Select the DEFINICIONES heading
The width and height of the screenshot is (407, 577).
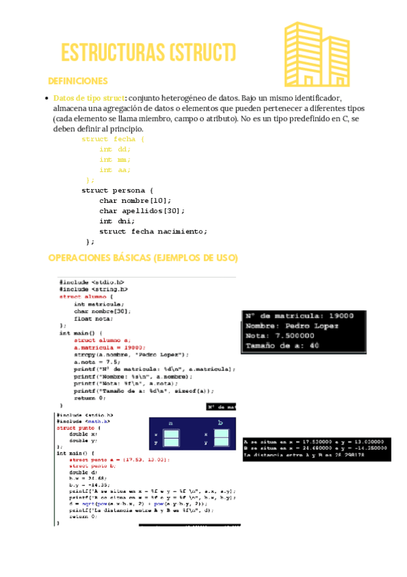(x=77, y=81)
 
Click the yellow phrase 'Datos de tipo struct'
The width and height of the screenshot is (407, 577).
(x=89, y=98)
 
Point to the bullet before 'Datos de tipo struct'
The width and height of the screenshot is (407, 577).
(x=46, y=98)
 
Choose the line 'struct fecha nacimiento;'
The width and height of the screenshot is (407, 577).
(x=153, y=231)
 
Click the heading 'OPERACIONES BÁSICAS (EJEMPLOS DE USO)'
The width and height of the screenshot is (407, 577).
(x=143, y=258)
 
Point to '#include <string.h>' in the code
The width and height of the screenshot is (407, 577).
(x=93, y=289)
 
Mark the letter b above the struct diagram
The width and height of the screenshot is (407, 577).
(x=220, y=423)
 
